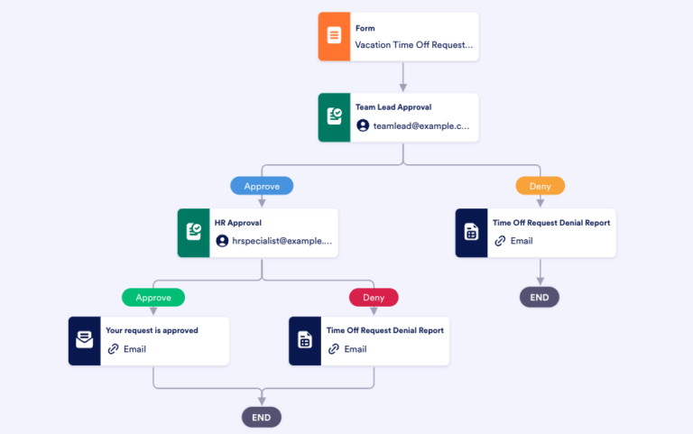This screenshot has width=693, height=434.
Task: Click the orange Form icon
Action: (x=335, y=36)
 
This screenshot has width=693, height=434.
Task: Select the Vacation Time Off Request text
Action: (x=413, y=44)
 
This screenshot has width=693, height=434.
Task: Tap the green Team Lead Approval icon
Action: (x=335, y=116)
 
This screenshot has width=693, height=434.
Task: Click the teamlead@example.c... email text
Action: (x=421, y=125)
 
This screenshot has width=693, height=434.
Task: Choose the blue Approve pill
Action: (x=262, y=186)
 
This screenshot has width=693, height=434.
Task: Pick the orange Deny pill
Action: (x=541, y=186)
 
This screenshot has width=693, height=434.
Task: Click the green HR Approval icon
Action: (x=194, y=233)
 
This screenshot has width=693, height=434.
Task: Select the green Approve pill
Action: (x=153, y=297)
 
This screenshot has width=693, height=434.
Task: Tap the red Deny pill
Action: (x=374, y=297)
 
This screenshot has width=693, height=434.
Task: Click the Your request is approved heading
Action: (x=152, y=330)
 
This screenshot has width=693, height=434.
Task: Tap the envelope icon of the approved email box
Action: (x=85, y=340)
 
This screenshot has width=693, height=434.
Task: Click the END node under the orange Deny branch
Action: (x=540, y=297)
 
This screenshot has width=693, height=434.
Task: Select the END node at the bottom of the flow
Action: (x=262, y=417)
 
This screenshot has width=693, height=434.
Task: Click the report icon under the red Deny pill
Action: (x=305, y=340)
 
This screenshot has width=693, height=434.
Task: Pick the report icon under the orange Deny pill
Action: (x=471, y=233)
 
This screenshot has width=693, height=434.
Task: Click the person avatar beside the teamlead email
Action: (x=363, y=125)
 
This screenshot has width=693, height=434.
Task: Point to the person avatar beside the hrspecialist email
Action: (x=222, y=241)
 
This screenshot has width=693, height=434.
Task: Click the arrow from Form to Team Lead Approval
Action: (x=403, y=77)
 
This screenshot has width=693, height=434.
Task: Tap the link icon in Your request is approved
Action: (x=113, y=349)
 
